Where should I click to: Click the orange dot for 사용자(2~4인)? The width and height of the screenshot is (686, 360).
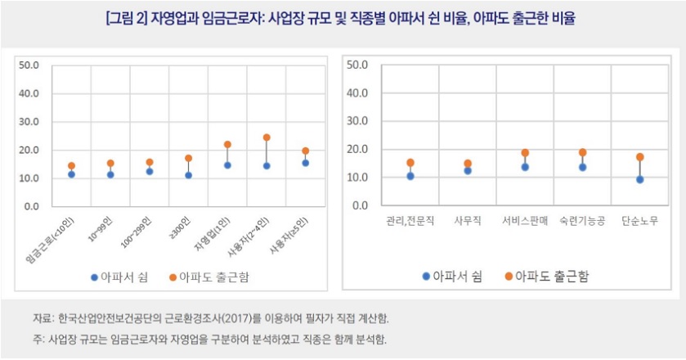click(267, 137)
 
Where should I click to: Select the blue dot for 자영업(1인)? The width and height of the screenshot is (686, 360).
click(227, 164)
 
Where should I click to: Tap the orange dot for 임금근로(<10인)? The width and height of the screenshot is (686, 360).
click(71, 166)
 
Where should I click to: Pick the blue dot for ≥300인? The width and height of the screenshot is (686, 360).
click(188, 175)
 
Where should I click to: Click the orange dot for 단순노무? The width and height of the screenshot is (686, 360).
click(639, 157)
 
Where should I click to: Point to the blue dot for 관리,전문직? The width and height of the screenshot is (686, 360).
click(410, 176)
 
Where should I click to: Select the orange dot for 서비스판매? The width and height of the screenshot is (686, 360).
click(525, 153)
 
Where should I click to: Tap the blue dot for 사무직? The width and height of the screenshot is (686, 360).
click(468, 170)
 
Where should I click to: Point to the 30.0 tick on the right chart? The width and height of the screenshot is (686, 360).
click(358, 120)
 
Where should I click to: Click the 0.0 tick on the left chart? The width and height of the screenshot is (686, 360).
click(32, 206)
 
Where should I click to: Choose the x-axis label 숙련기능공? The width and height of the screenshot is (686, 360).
click(582, 221)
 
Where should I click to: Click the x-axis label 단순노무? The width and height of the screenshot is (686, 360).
click(639, 221)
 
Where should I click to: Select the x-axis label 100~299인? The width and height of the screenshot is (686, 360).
click(134, 231)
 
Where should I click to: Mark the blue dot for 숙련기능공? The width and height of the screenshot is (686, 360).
click(582, 167)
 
